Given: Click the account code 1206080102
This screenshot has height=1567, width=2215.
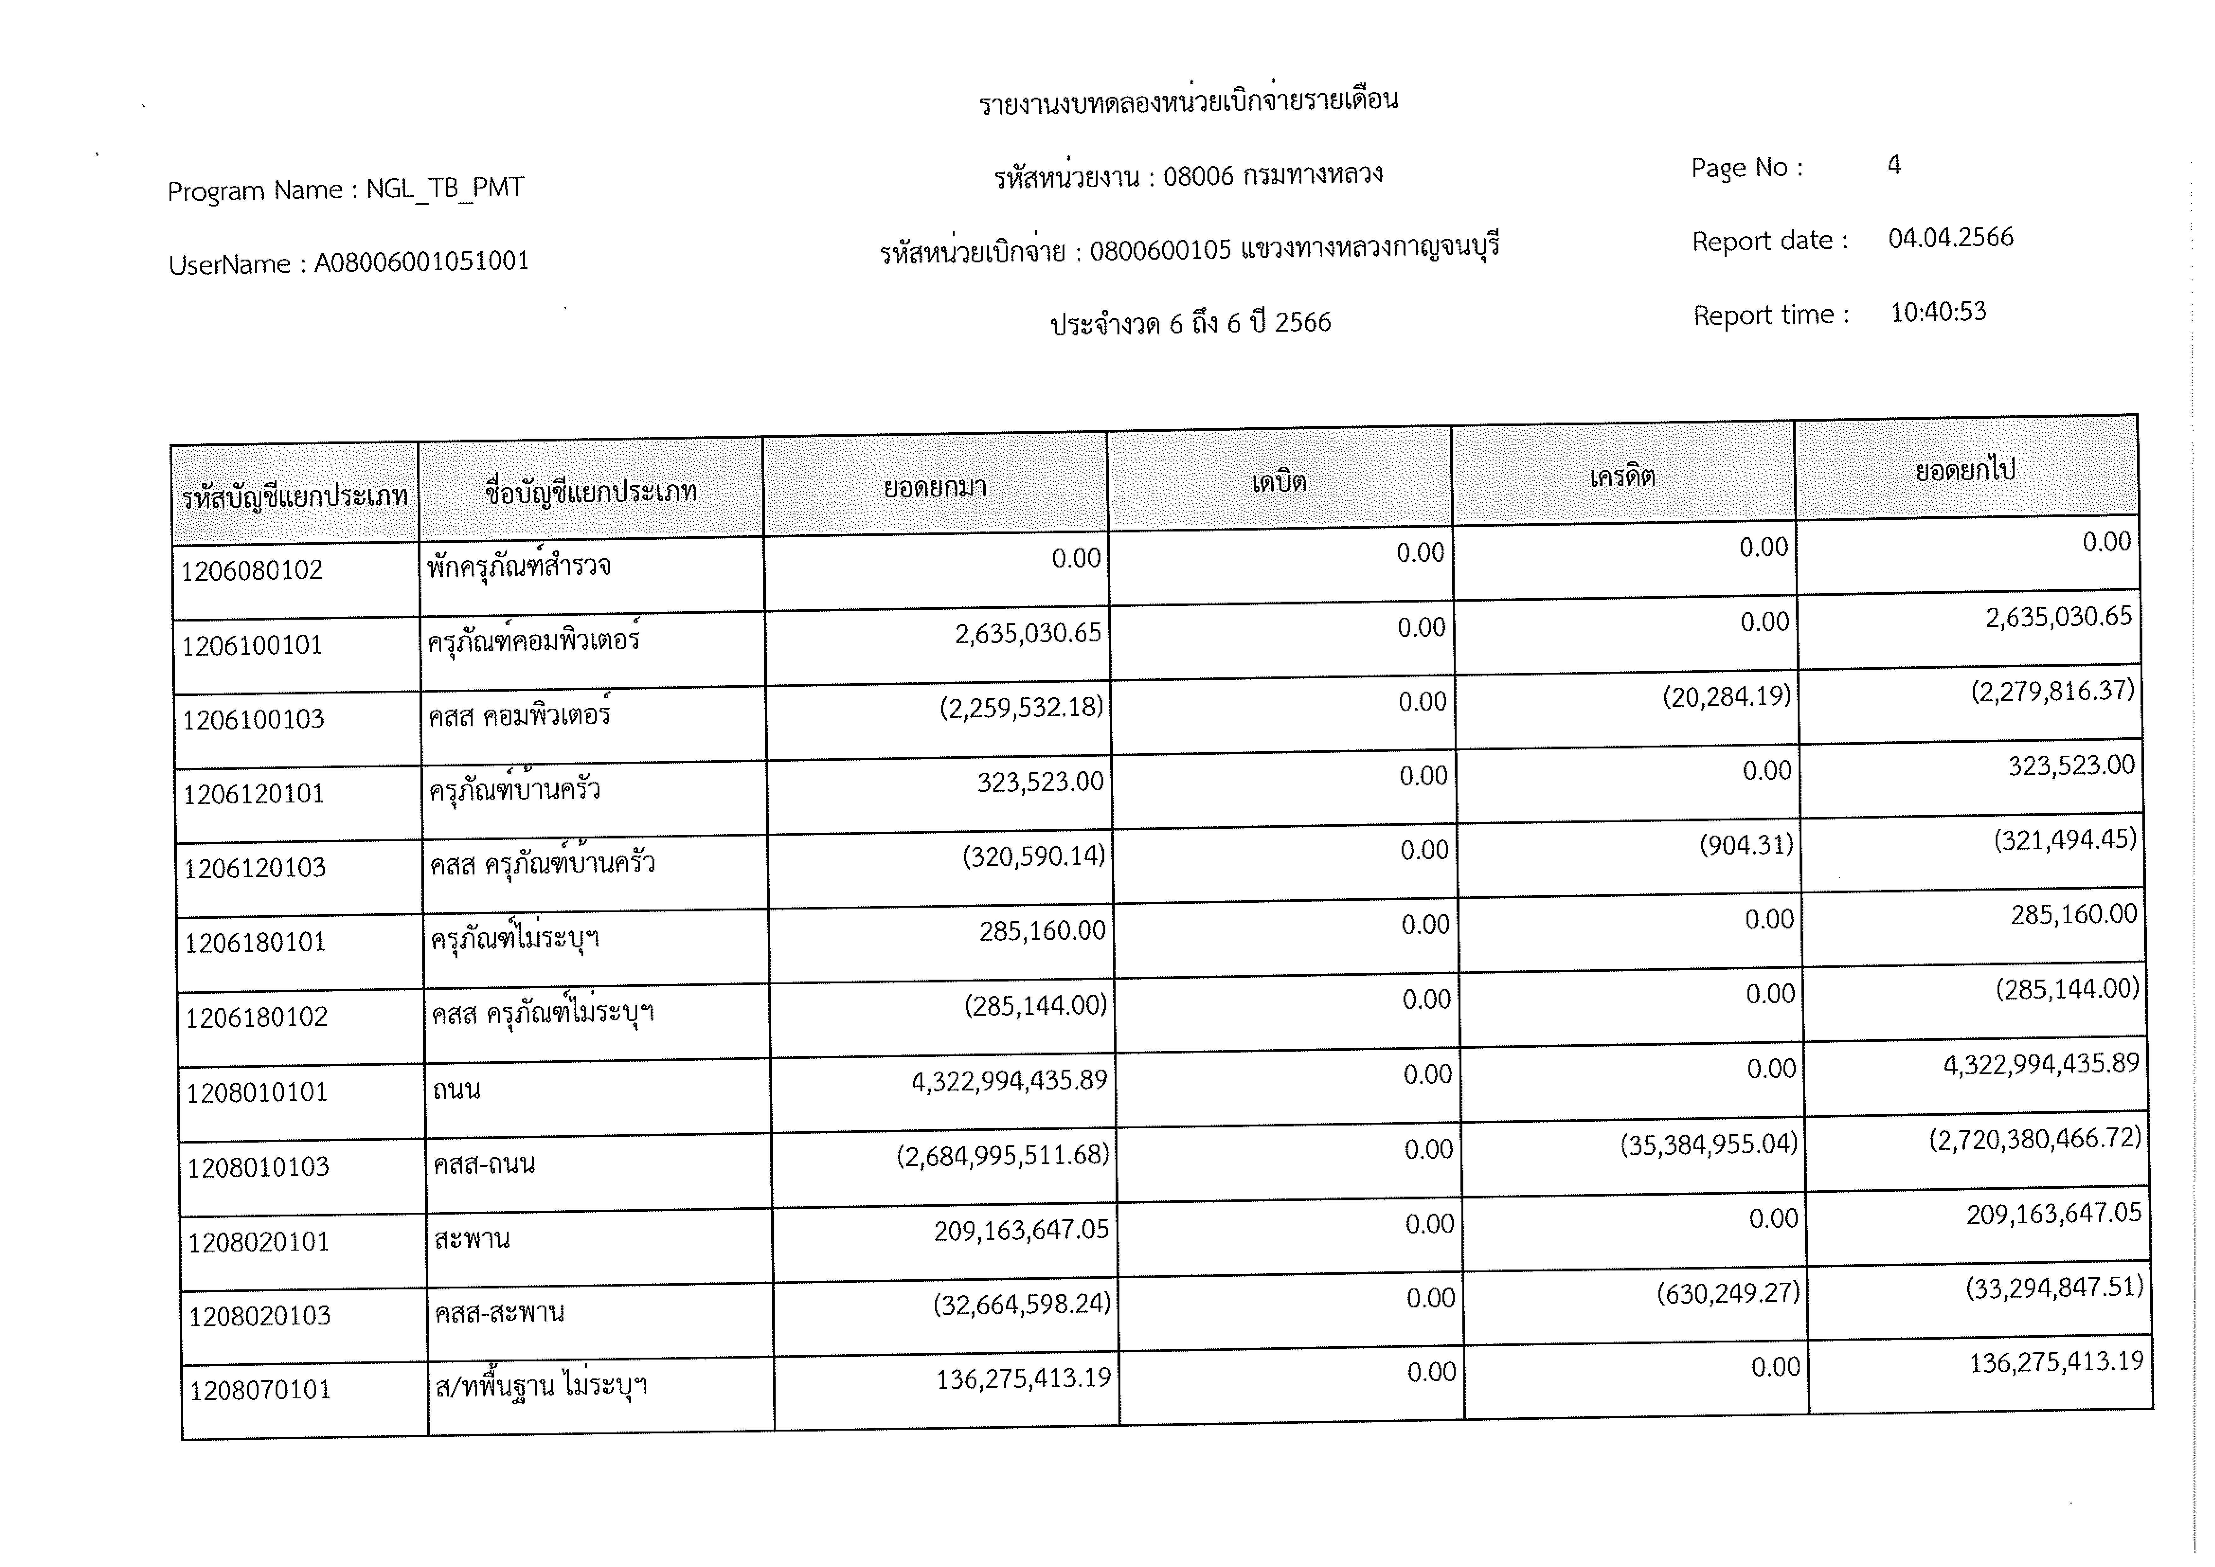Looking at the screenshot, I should pos(252,570).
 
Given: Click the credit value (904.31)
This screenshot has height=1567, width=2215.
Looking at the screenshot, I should pos(1746,845).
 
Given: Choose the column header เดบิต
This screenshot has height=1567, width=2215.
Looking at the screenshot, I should pos(1279,481).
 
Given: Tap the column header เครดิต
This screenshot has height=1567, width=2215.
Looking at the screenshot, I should pos(1623,476).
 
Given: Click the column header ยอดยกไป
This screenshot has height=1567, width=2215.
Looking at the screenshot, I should pos(1965,470).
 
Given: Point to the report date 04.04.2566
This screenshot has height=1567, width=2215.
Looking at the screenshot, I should pos(1951,237).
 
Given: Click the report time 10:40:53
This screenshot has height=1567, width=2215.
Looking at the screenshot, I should pos(1938,312).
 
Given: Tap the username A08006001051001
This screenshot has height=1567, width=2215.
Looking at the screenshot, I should pos(422,261).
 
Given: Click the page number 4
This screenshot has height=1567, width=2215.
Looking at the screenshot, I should pos(1894,165).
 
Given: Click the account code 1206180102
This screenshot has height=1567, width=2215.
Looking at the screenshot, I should pos(257,1017).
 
